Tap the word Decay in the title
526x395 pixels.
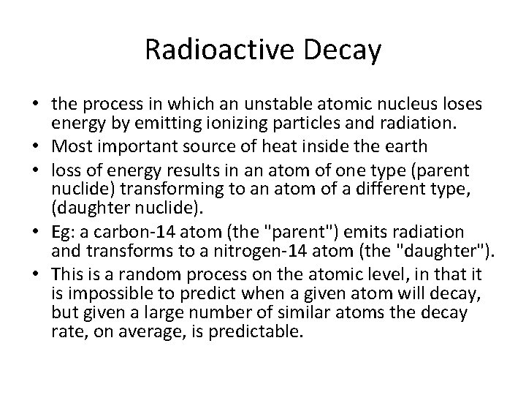[x=344, y=50]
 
